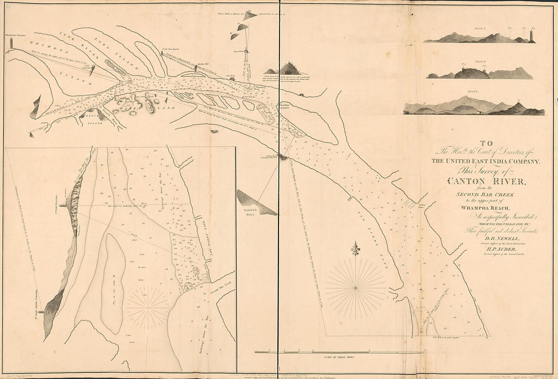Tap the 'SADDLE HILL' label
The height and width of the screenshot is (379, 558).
pos(249,212)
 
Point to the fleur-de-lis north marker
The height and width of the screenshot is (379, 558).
pos(356,250)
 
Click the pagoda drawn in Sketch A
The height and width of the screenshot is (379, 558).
pos(532,36)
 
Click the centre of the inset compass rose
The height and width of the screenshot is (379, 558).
pos(148,307)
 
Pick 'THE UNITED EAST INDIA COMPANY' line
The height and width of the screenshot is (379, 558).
pos(486,161)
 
